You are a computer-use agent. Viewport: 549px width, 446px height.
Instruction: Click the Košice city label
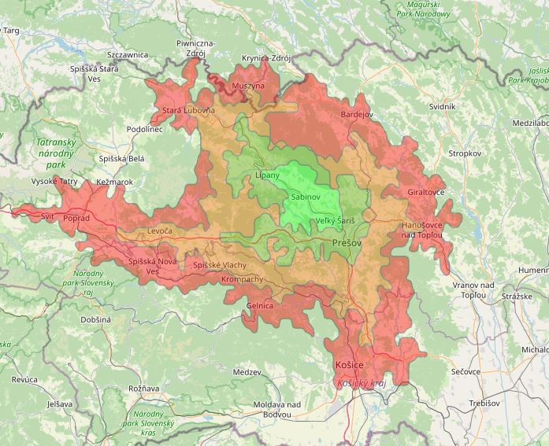350,366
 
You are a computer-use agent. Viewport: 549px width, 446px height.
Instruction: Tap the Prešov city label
347,244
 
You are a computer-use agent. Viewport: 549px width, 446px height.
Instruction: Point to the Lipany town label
267,175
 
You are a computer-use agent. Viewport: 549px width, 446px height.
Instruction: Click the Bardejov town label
356,114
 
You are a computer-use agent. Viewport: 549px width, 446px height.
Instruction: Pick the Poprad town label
76,218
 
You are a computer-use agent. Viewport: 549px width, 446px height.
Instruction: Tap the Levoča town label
159,231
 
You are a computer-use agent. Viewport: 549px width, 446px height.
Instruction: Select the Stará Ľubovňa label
188,110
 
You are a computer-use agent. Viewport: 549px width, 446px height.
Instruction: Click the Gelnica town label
260,305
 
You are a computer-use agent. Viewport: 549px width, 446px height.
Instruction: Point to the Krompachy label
243,279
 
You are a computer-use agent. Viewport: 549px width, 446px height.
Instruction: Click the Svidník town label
442,106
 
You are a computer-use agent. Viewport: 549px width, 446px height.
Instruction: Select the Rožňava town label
144,389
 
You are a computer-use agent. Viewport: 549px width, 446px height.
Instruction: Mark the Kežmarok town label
114,182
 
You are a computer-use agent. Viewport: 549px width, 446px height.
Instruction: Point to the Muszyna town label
249,85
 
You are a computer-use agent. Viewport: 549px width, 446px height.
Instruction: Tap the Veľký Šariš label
336,222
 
